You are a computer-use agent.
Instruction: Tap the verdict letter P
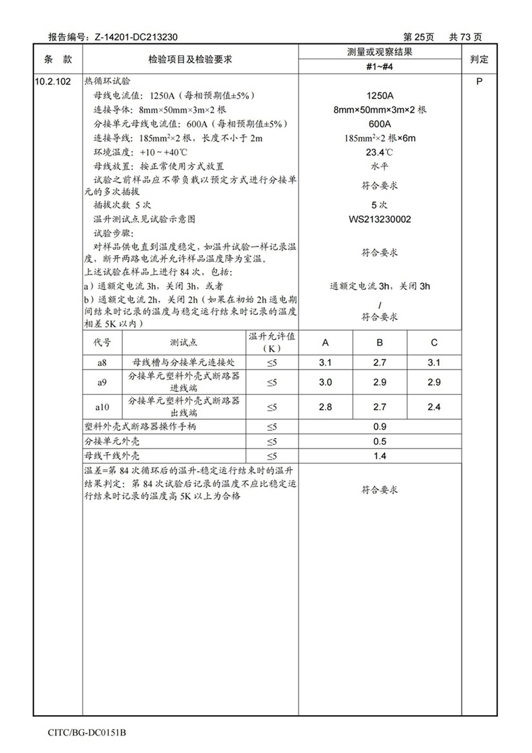[x=479, y=81]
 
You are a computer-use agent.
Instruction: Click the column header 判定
[x=479, y=59]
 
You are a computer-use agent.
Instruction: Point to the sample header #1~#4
[x=380, y=67]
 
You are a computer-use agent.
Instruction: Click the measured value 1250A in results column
[x=380, y=95]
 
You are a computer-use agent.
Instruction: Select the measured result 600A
[x=380, y=124]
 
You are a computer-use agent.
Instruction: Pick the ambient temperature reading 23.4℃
[x=380, y=152]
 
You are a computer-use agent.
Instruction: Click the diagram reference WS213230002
[x=380, y=219]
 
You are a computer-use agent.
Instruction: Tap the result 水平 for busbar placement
[x=380, y=166]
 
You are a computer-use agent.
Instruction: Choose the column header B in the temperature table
[x=380, y=343]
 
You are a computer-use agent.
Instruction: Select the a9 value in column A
[x=326, y=383]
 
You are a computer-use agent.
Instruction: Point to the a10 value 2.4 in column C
[x=434, y=407]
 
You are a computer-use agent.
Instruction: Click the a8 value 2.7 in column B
[x=380, y=363]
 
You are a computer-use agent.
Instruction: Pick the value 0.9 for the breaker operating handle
[x=380, y=427]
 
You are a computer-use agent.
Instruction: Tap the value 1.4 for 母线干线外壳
[x=380, y=456]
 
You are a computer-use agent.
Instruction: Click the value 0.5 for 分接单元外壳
[x=380, y=441]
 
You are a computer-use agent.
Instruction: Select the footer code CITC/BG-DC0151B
[x=87, y=733]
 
